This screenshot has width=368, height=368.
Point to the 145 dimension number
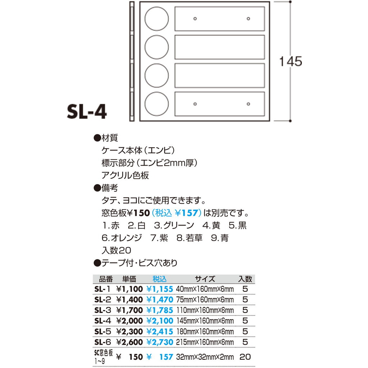[x=290, y=61]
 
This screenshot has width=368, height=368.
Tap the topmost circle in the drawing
[x=157, y=19]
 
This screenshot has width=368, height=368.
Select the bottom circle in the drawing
[x=157, y=104]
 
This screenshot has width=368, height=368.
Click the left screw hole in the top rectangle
[x=195, y=19]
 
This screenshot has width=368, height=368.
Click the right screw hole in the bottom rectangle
[x=248, y=104]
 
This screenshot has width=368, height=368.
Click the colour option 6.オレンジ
[x=122, y=238]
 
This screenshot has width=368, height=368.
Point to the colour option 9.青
[x=220, y=238]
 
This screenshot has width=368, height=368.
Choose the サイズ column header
[x=205, y=279]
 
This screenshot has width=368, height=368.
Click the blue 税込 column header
[x=160, y=279]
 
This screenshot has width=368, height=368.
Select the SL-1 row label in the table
[x=102, y=289]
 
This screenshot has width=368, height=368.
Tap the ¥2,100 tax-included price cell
[x=160, y=321]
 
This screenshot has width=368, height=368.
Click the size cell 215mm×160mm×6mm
[x=205, y=342]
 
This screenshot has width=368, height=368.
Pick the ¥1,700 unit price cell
[x=129, y=310]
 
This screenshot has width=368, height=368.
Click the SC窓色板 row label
[x=103, y=356]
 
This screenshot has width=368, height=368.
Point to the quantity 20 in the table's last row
[x=245, y=357]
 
